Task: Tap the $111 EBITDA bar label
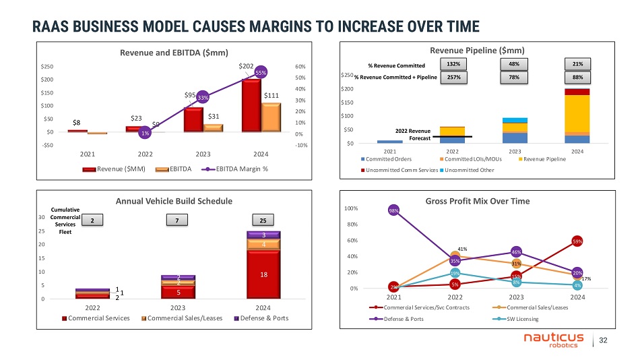click(x=271, y=96)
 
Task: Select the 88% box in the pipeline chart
click(x=578, y=78)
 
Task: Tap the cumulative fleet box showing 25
click(x=263, y=220)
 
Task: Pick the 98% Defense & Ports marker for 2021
click(x=394, y=210)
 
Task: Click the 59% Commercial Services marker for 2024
click(x=577, y=241)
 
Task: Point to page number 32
click(x=612, y=340)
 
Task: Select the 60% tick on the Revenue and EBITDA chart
click(x=300, y=67)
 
